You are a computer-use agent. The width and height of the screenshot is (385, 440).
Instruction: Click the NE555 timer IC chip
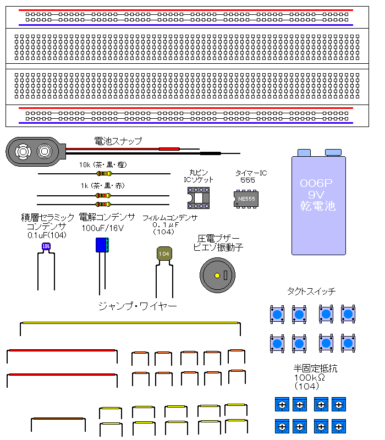(x=246, y=199)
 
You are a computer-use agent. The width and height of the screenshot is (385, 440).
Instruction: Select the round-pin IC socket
(x=199, y=197)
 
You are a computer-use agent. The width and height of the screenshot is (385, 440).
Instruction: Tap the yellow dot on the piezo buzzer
(x=217, y=275)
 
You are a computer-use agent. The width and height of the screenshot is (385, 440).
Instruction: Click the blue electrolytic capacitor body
(x=102, y=245)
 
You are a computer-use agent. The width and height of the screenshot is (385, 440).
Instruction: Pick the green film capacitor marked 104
(x=163, y=254)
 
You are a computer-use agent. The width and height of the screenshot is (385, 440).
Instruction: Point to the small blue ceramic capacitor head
(x=46, y=246)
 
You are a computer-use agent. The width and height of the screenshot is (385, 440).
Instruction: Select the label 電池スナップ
(x=118, y=141)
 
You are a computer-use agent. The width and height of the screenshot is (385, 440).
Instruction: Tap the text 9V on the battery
(x=318, y=195)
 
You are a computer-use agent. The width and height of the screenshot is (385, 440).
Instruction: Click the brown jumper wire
(x=58, y=419)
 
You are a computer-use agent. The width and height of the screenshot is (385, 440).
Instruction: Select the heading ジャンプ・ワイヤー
(x=137, y=306)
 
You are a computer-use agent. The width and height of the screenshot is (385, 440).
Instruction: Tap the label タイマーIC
(x=251, y=173)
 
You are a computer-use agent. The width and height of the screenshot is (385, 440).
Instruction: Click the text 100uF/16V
(x=103, y=227)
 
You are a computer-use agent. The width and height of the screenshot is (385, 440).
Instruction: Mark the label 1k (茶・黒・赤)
(x=102, y=185)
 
